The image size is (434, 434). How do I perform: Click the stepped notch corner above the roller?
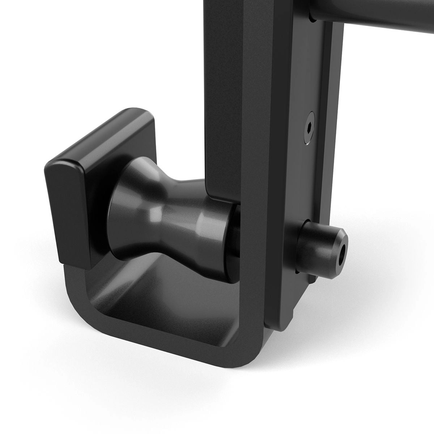pyautogui.click(x=209, y=195)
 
